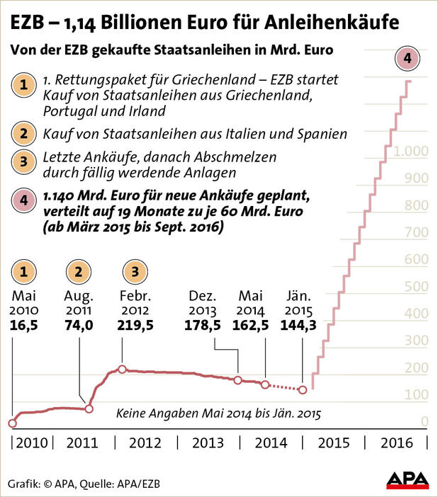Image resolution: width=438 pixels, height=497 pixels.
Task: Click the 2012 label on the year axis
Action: pyautogui.click(x=145, y=443)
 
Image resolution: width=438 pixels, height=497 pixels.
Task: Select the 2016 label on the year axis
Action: pyautogui.click(x=397, y=443)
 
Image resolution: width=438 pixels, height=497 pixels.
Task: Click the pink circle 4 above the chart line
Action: pyautogui.click(x=409, y=58)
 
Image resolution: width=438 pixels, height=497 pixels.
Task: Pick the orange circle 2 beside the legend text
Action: pyautogui.click(x=25, y=133)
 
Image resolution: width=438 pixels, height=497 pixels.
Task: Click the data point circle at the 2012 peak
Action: pyautogui.click(x=122, y=370)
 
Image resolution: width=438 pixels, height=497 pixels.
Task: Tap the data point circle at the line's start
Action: pyautogui.click(x=12, y=423)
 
